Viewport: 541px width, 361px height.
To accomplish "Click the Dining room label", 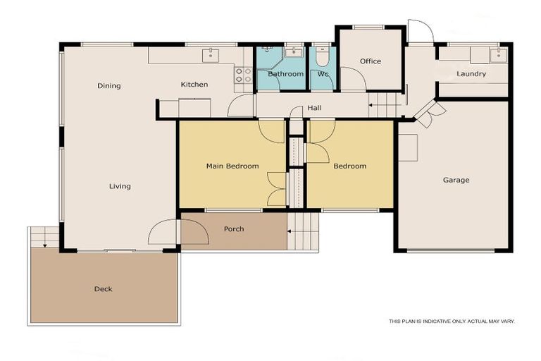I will tap(109, 86).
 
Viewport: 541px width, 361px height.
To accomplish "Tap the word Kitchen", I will tap(194, 85).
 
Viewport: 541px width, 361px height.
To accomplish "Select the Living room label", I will tap(120, 186).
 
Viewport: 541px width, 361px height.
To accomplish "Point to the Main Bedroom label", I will tap(232, 166).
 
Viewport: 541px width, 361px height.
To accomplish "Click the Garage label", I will tap(456, 180).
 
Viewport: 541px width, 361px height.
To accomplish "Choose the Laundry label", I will tap(471, 74).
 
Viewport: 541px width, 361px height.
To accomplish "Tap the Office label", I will tap(371, 61).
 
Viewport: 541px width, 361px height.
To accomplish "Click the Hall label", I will tap(314, 109).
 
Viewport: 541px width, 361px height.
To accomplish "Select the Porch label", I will tap(234, 229).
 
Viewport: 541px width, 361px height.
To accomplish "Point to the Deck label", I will tap(103, 289).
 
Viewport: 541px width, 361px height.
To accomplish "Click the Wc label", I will tap(323, 74).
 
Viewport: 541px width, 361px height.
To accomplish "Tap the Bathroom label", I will tap(285, 74).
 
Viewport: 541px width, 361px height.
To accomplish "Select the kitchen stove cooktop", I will tap(243, 75).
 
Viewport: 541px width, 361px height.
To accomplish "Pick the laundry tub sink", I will tap(498, 55).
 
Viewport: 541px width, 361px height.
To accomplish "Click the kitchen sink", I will tap(211, 56).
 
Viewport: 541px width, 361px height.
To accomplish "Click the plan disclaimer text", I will tap(452, 322).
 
